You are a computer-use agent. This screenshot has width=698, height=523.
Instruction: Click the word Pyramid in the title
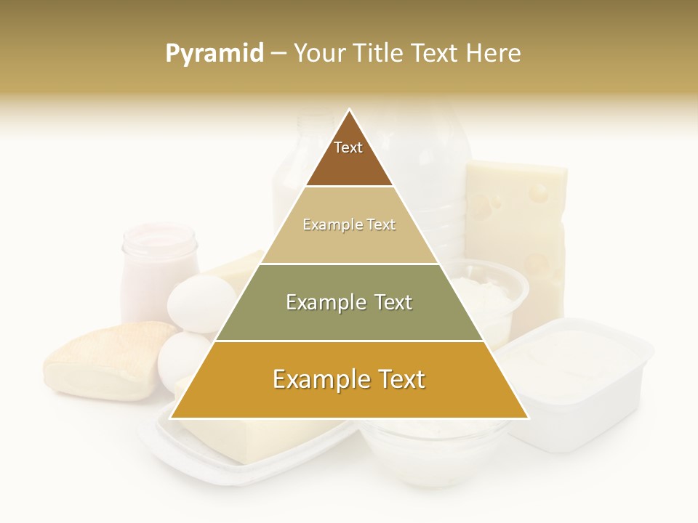coord(214,53)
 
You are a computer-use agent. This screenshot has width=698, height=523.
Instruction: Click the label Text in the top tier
coord(348,147)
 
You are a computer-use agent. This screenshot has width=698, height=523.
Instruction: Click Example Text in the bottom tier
coord(349,379)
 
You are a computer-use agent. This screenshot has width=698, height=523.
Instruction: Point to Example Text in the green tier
coord(349,302)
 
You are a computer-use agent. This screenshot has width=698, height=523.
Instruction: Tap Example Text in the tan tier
coord(349,224)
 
